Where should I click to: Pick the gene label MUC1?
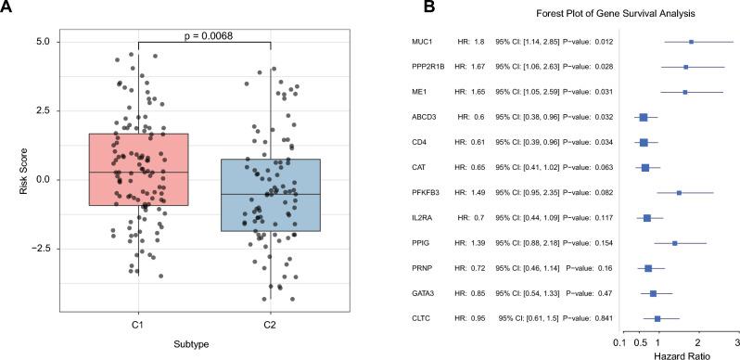tap(424, 42)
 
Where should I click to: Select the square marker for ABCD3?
tap(644, 118)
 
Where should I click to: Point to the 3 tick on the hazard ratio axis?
tap(735, 340)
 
